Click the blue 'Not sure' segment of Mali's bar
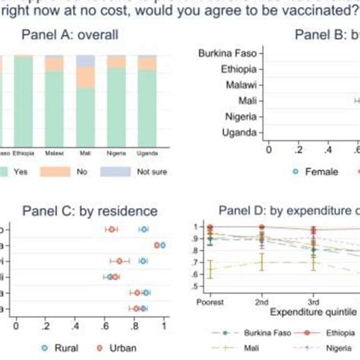tap(86, 60)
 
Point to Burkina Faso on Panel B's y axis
tap(227, 53)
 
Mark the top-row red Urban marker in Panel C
tap(112, 229)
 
